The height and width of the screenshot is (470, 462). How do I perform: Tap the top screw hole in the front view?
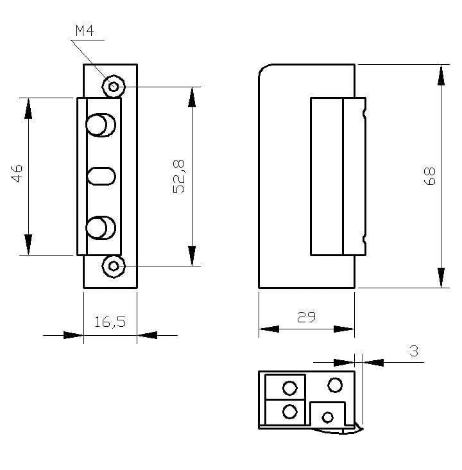coord(114,86)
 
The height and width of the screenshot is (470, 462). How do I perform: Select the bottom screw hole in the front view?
coord(114,266)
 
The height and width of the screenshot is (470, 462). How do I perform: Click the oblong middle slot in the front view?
coord(101,176)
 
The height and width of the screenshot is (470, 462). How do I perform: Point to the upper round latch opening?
coord(100,125)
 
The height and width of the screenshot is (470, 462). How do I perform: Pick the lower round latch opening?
coord(100,229)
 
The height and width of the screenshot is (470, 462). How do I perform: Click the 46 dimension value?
coord(17,173)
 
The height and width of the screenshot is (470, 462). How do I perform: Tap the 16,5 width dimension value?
coord(110,322)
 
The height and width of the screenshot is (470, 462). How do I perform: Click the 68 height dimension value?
coord(429,176)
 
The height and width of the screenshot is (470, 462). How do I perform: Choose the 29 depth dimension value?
coord(306,317)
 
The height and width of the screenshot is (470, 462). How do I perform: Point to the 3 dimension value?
coord(413,351)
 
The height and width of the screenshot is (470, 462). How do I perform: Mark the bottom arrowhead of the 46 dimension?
coord(28,244)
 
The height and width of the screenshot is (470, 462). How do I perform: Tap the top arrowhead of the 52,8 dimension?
coord(191,97)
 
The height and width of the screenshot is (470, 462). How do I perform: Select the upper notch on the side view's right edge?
coord(364,116)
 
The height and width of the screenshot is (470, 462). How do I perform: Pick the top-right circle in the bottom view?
coord(335,385)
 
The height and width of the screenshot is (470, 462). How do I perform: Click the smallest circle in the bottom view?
coord(328,417)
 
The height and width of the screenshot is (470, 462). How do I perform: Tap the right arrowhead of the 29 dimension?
coord(344,329)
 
